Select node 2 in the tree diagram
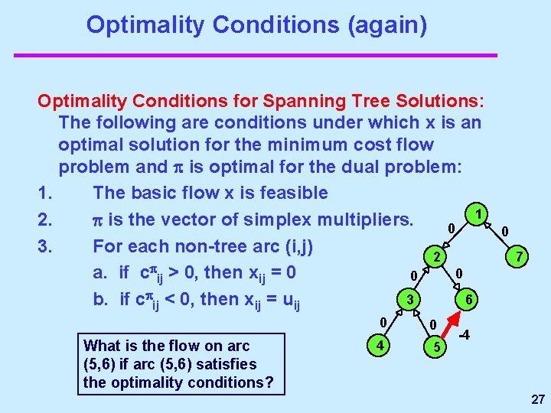click(434, 257)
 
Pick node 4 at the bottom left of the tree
click(378, 345)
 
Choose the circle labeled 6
click(468, 301)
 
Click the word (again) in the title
click(387, 24)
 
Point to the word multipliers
click(353, 220)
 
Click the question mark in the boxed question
click(268, 382)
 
